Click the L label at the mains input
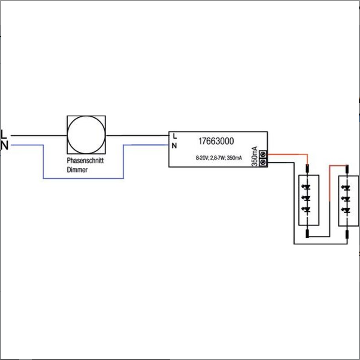pos(4,134)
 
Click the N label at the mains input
pos(4,146)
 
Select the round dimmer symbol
pos(86,135)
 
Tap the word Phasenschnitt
pos(85,160)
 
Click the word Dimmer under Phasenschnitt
pos(77,170)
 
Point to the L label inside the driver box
pos(175,136)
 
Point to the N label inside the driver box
pos(174,146)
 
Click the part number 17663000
pos(216,141)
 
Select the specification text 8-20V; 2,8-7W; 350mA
pos(219,158)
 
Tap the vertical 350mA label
pos(255,156)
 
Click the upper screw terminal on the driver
pos(263,154)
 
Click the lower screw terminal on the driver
pos(263,163)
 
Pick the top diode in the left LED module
pos(307,187)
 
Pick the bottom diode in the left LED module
pos(307,210)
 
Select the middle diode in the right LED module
pos(347,199)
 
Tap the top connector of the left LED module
pos(307,168)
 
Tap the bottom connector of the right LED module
pos(347,235)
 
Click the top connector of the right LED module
pos(347,169)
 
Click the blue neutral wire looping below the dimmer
pos(84,178)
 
